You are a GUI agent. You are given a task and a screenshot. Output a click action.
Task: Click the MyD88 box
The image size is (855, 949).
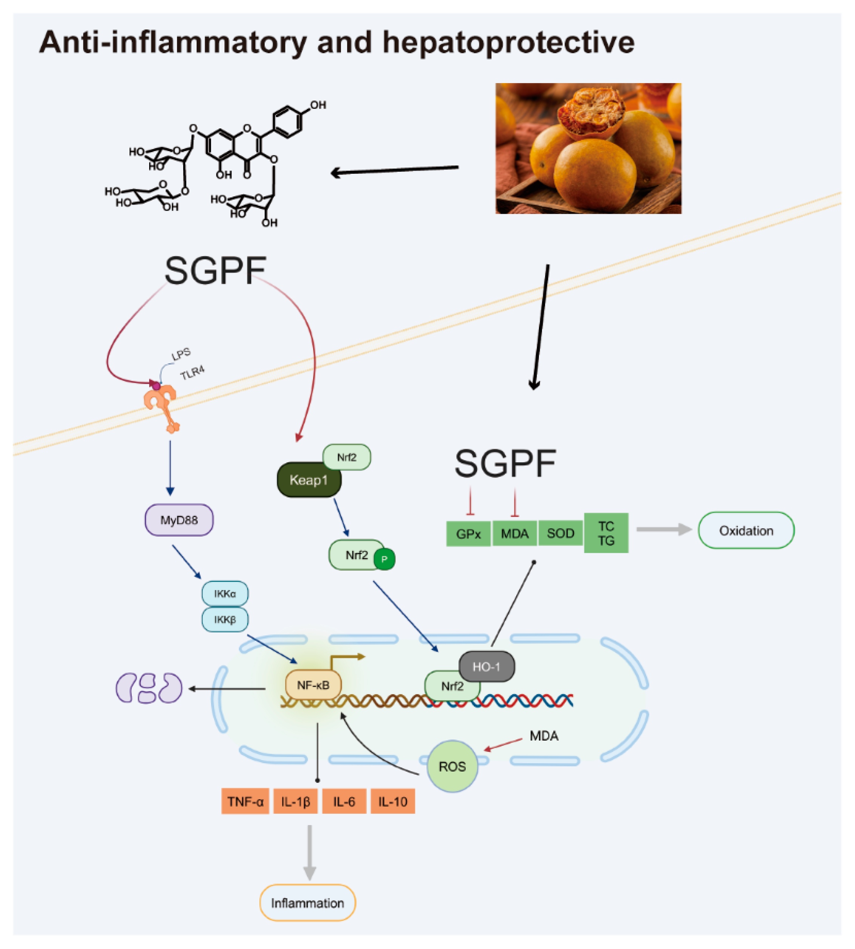pos(179,520)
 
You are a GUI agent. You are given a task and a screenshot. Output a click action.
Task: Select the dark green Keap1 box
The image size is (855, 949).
pos(309,480)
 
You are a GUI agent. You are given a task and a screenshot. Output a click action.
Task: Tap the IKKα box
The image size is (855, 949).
pos(225,594)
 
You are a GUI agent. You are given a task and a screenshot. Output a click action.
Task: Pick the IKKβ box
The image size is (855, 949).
pos(225,620)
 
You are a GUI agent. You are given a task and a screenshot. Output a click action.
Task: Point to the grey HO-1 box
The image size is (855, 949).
pos(486,667)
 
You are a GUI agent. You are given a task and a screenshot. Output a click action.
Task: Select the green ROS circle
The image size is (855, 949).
pos(452,766)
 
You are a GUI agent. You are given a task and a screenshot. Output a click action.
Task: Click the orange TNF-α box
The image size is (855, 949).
pos(245,801)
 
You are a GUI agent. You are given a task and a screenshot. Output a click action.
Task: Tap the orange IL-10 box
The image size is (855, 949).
pos(393,801)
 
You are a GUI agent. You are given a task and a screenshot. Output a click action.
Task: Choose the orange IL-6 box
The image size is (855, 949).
pos(344,801)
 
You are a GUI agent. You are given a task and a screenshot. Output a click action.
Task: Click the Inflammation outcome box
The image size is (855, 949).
pos(308,903)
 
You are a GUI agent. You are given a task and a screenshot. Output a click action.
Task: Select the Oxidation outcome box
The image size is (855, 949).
pos(746,531)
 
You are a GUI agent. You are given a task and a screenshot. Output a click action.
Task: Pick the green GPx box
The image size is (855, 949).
pos(468,534)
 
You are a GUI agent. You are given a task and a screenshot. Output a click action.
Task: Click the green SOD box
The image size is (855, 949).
pos(560,533)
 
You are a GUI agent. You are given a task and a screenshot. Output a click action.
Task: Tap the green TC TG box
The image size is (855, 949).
pos(606,533)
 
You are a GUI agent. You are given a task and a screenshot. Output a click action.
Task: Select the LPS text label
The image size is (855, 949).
pos(181,354)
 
